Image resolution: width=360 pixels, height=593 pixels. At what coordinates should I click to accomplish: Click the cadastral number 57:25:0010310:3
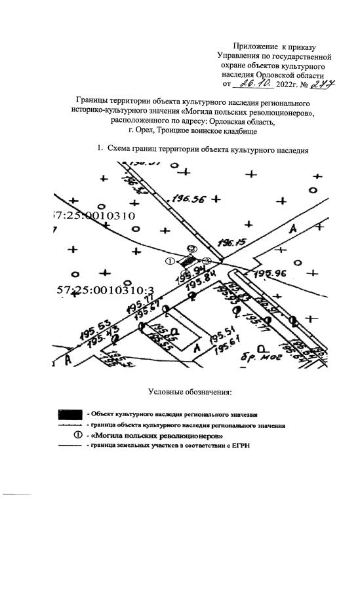coord(96,290)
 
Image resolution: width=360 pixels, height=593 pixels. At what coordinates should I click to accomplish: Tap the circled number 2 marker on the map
coord(191,249)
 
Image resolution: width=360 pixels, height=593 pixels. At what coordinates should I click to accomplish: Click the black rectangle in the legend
coord(70,414)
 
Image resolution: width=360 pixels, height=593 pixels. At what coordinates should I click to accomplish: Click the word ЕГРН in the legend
coord(241,446)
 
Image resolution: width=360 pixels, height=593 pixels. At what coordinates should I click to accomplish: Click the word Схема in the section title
coord(119,149)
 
